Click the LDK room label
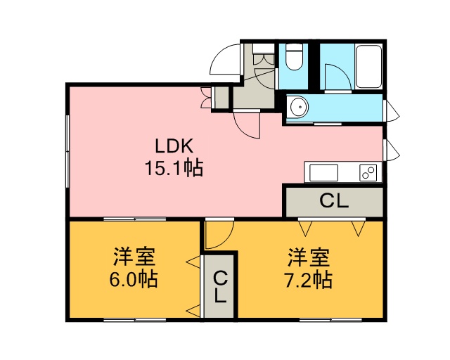(x=174, y=146)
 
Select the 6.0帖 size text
(x=134, y=279)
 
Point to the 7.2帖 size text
(x=308, y=280)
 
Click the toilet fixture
(x=294, y=58)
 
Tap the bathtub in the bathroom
(x=368, y=66)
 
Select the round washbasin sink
(x=299, y=108)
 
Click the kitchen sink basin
(x=323, y=173)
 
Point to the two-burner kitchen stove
(x=368, y=173)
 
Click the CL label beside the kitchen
(x=334, y=201)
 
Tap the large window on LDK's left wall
(x=67, y=151)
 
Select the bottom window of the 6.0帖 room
(x=134, y=319)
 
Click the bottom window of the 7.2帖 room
(x=330, y=319)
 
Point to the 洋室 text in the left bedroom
(x=134, y=257)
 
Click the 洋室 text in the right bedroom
(x=309, y=257)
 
